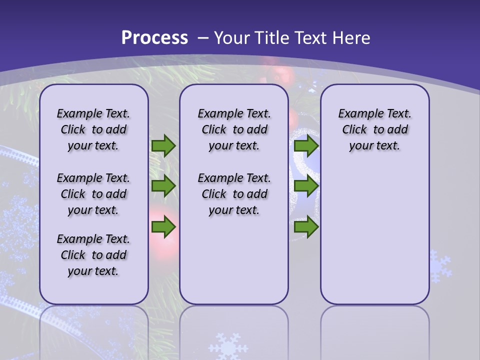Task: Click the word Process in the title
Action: [x=154, y=37]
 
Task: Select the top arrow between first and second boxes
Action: [x=163, y=146]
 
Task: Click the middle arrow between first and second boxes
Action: [x=163, y=186]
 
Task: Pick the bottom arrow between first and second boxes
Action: [x=163, y=227]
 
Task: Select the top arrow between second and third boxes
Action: [x=306, y=146]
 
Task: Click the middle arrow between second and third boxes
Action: [x=306, y=186]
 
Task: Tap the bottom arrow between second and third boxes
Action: [x=306, y=227]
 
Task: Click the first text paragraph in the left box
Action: [x=93, y=129]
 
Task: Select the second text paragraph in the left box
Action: [x=93, y=194]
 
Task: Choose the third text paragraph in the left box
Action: [x=93, y=255]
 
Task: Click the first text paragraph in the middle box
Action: [x=234, y=129]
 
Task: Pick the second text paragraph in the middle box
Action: [x=234, y=194]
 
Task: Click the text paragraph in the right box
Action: [x=374, y=129]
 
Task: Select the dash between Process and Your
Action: [x=202, y=38]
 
